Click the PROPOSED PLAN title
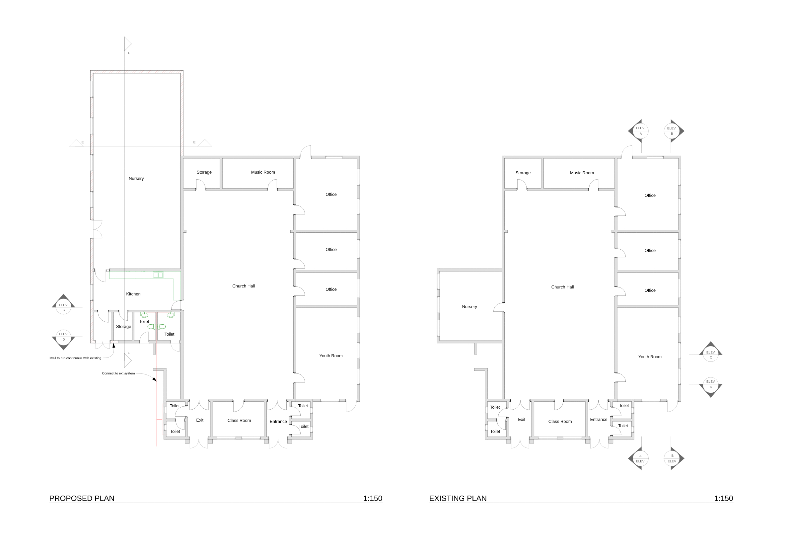point(82,498)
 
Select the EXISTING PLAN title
point(458,498)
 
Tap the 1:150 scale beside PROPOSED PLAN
point(373,498)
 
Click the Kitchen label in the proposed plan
point(133,294)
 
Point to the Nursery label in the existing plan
point(469,307)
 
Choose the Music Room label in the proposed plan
point(263,172)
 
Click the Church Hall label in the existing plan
point(562,287)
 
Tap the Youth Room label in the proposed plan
point(331,356)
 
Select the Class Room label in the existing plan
point(560,422)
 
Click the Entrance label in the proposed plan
point(278,422)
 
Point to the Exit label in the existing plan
point(521,420)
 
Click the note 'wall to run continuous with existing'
point(76,358)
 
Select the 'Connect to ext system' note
point(118,373)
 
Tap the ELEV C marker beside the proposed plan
point(63,304)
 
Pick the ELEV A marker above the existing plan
point(639,131)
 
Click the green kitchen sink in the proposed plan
point(158,275)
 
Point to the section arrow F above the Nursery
point(128,44)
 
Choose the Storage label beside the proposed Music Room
point(204,172)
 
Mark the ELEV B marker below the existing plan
point(674,458)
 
